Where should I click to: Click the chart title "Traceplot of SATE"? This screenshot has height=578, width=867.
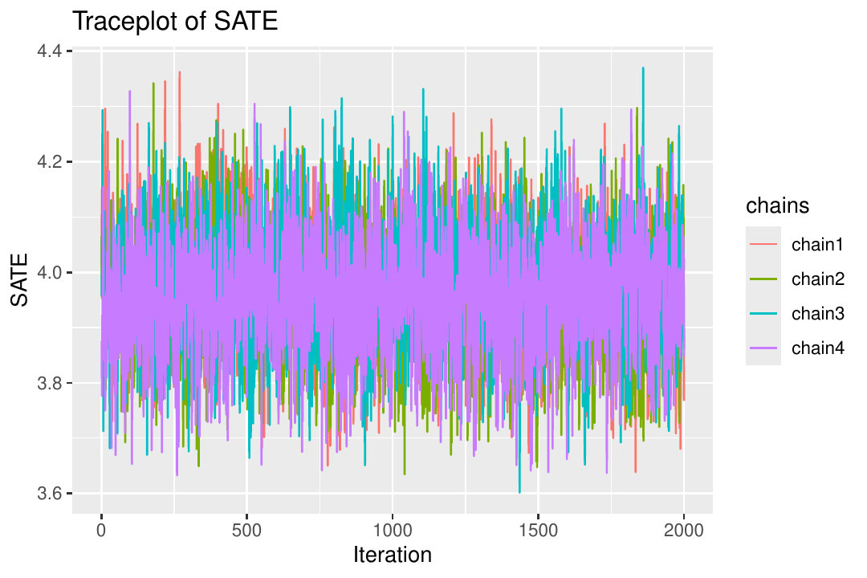tap(175, 22)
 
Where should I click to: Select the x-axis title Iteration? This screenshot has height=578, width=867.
tap(392, 554)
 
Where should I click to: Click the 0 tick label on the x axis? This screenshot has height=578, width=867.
tap(101, 531)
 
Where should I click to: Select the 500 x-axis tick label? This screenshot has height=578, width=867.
tap(246, 531)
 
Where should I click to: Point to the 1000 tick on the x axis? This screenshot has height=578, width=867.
tap(392, 531)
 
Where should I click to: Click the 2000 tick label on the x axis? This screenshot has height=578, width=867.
tap(683, 531)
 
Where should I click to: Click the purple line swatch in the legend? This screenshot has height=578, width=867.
tap(763, 348)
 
